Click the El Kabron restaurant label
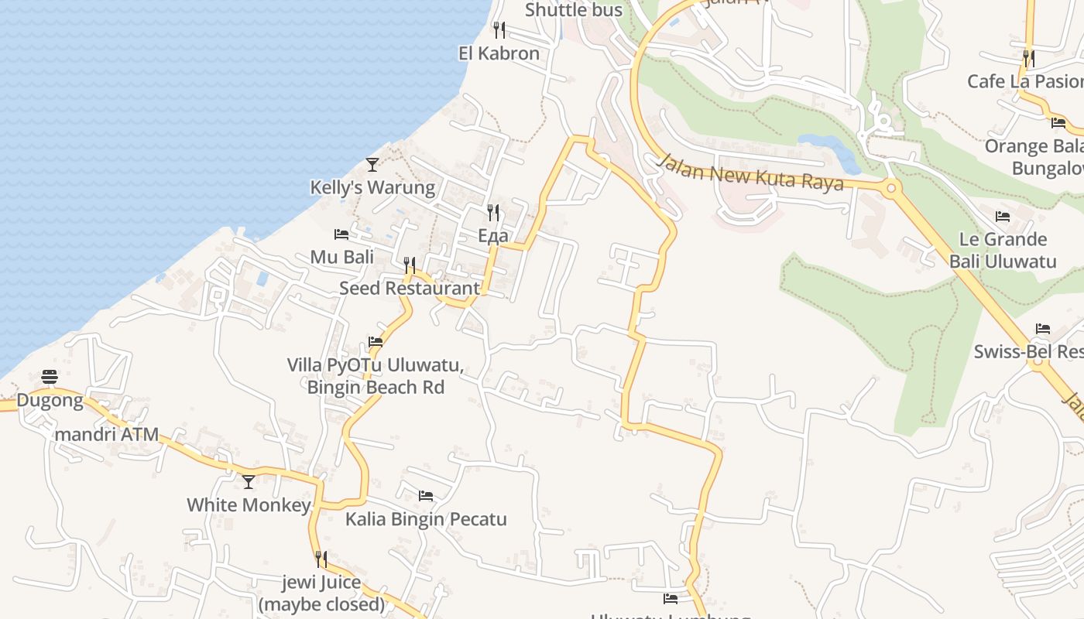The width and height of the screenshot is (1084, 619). [x=499, y=53]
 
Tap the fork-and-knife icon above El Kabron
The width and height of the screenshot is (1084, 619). [x=499, y=30]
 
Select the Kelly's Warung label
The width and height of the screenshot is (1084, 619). [x=372, y=187]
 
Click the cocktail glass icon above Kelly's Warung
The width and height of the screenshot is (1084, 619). [x=372, y=164]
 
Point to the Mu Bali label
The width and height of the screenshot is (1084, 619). [x=341, y=257]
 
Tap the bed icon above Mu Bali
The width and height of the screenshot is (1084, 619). [x=341, y=234]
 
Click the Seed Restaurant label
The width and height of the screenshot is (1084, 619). [x=410, y=288]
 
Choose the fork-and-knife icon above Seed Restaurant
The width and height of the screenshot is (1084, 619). [x=410, y=265]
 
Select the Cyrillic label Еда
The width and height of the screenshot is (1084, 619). [x=493, y=236]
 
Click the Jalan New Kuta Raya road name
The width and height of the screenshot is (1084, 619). [x=750, y=173]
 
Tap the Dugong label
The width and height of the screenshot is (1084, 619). [x=50, y=400]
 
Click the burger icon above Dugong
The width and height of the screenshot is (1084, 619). [x=50, y=377]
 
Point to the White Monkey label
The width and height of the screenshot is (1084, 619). [x=249, y=505]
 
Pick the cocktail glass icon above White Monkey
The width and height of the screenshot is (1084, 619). [x=249, y=482]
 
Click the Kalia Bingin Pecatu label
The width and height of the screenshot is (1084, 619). [x=426, y=518]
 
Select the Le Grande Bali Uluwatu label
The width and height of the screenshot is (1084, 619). [x=1003, y=250]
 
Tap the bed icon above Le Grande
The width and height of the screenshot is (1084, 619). [x=1003, y=216]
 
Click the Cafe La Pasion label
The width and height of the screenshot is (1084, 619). [x=1024, y=81]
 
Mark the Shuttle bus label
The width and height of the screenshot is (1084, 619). [x=574, y=10]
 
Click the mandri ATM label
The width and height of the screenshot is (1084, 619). [x=106, y=434]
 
